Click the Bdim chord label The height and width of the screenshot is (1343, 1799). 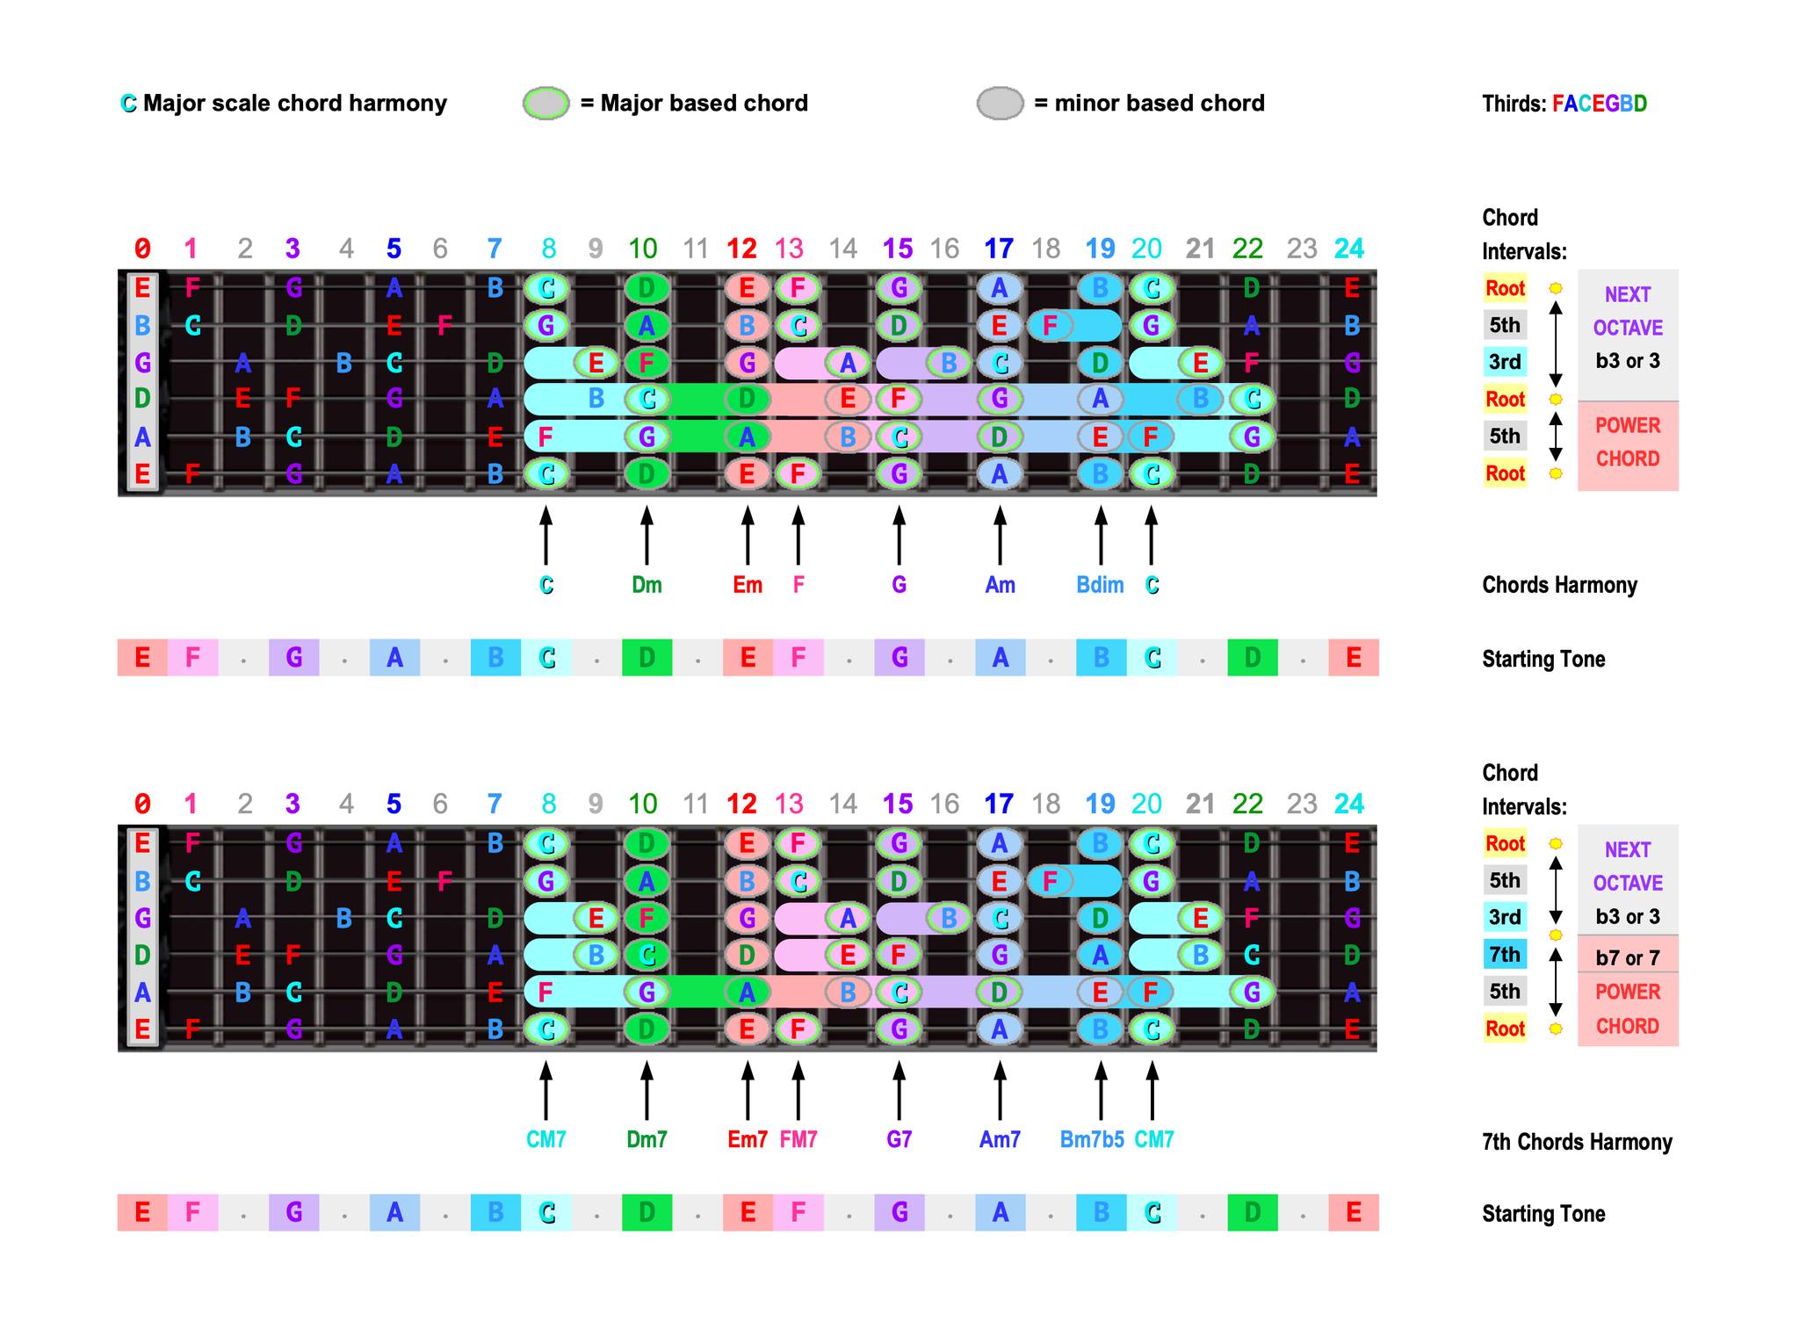(x=1100, y=585)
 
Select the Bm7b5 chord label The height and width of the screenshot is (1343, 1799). (x=1092, y=1139)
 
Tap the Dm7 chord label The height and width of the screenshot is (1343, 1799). (x=647, y=1139)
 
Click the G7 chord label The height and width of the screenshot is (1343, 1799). (x=899, y=1139)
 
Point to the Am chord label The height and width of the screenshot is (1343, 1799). (x=1000, y=585)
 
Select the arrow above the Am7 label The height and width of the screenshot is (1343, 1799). (x=1000, y=1090)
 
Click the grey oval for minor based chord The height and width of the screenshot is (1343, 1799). (x=1000, y=103)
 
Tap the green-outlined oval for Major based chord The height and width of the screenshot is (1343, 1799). (x=545, y=103)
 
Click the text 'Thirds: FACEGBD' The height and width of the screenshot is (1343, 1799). (x=1564, y=104)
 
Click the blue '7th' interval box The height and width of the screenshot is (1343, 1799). (x=1505, y=954)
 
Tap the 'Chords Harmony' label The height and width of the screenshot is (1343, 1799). (x=1559, y=585)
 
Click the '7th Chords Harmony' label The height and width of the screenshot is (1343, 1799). (x=1577, y=1142)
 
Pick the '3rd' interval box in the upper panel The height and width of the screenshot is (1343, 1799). (x=1505, y=362)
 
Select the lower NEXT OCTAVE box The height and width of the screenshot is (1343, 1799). (x=1628, y=879)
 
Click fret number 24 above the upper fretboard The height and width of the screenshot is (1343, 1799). (x=1349, y=249)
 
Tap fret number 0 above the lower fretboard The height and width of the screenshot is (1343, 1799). (x=142, y=804)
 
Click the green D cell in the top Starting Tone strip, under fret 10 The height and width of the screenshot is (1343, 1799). (x=647, y=657)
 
